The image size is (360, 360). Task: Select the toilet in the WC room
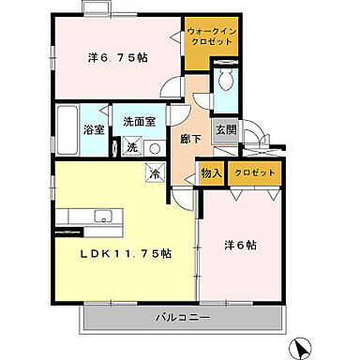pyautogui.click(x=223, y=81)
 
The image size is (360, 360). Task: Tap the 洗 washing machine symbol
pyautogui.click(x=132, y=148)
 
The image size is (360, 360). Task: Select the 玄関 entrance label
pyautogui.click(x=226, y=129)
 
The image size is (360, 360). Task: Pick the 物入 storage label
pyautogui.click(x=210, y=173)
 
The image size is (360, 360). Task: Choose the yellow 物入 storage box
pyautogui.click(x=210, y=173)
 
